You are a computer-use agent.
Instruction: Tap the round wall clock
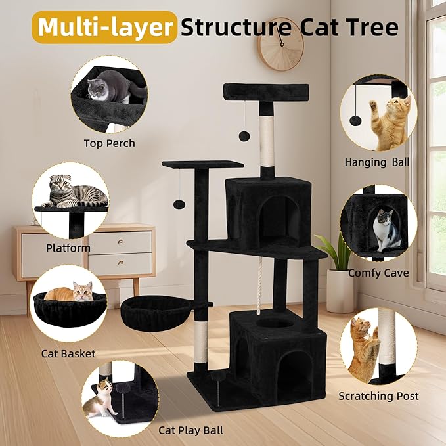coord(280,45)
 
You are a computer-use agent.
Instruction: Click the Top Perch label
coord(109,143)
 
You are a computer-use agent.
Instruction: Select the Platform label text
coord(68,248)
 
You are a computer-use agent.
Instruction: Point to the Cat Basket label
coord(68,353)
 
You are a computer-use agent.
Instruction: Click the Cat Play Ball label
coord(190,430)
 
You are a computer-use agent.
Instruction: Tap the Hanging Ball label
coord(376,162)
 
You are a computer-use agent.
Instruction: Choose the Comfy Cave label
coord(378,273)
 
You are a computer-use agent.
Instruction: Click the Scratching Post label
coord(378,396)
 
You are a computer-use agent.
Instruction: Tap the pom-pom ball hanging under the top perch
coord(244,135)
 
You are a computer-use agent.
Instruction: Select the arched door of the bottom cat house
coord(296,370)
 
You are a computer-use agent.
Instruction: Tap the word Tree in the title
coord(371,27)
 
